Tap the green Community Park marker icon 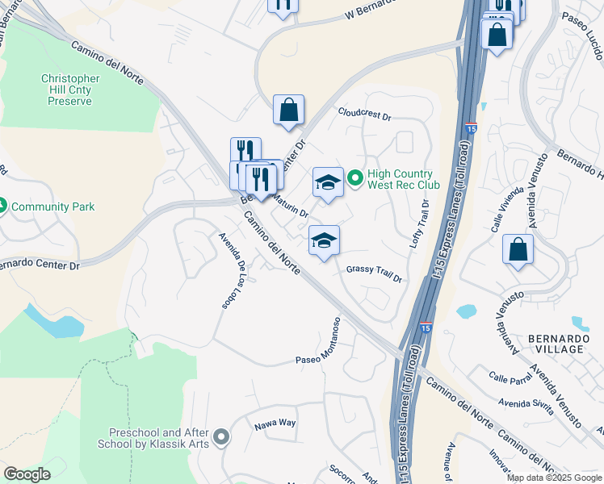[4, 207]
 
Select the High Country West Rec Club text [401, 179]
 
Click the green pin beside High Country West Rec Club [354, 174]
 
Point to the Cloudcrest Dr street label [364, 115]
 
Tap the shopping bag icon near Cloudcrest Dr [288, 111]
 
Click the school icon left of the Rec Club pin [328, 183]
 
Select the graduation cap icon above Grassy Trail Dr [324, 240]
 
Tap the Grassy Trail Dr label [374, 273]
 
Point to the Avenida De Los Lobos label [233, 271]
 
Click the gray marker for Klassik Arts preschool [223, 438]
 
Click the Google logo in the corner [27, 474]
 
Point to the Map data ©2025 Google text [554, 478]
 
